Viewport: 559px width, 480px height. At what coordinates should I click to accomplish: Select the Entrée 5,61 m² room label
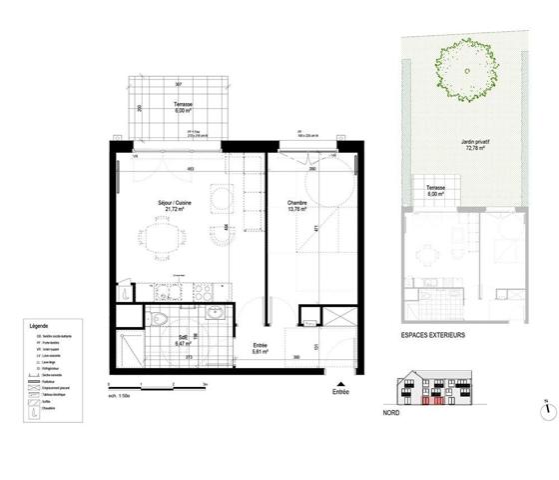tap(260, 351)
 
